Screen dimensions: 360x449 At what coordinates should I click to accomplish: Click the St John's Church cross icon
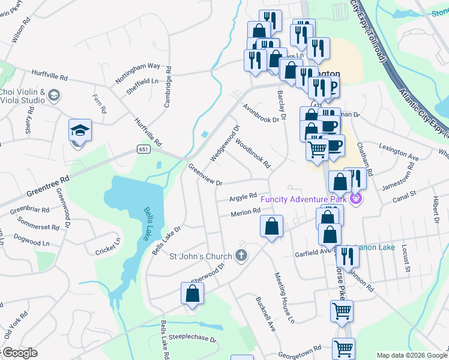241,256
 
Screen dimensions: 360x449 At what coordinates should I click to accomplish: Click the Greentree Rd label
49,187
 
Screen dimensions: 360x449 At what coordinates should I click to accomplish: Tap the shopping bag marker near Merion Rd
271,227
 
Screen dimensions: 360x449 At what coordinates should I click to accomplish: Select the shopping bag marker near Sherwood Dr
192,293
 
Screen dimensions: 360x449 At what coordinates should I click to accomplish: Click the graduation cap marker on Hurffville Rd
79,131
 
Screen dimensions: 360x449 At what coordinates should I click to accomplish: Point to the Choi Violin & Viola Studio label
22,96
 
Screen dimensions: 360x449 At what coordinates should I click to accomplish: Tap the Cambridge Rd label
168,87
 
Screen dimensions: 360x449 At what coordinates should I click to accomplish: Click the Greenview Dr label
205,175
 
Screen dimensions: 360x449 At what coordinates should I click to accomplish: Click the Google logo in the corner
20,353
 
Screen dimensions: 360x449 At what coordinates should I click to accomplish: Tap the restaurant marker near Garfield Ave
347,256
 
